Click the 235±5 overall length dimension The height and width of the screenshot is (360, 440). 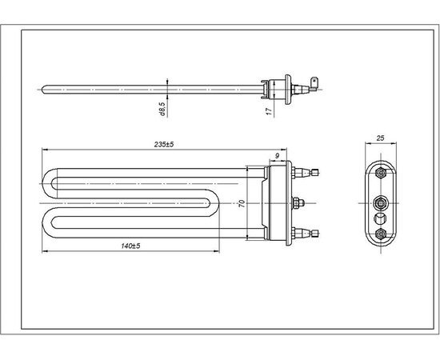coord(163,143)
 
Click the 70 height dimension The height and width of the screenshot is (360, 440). coord(241,203)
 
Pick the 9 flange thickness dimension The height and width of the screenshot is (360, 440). coord(277,155)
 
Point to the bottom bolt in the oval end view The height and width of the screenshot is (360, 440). coord(381,233)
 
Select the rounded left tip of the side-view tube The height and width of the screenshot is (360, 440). coord(44,88)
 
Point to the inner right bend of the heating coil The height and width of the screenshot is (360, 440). coord(213,203)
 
